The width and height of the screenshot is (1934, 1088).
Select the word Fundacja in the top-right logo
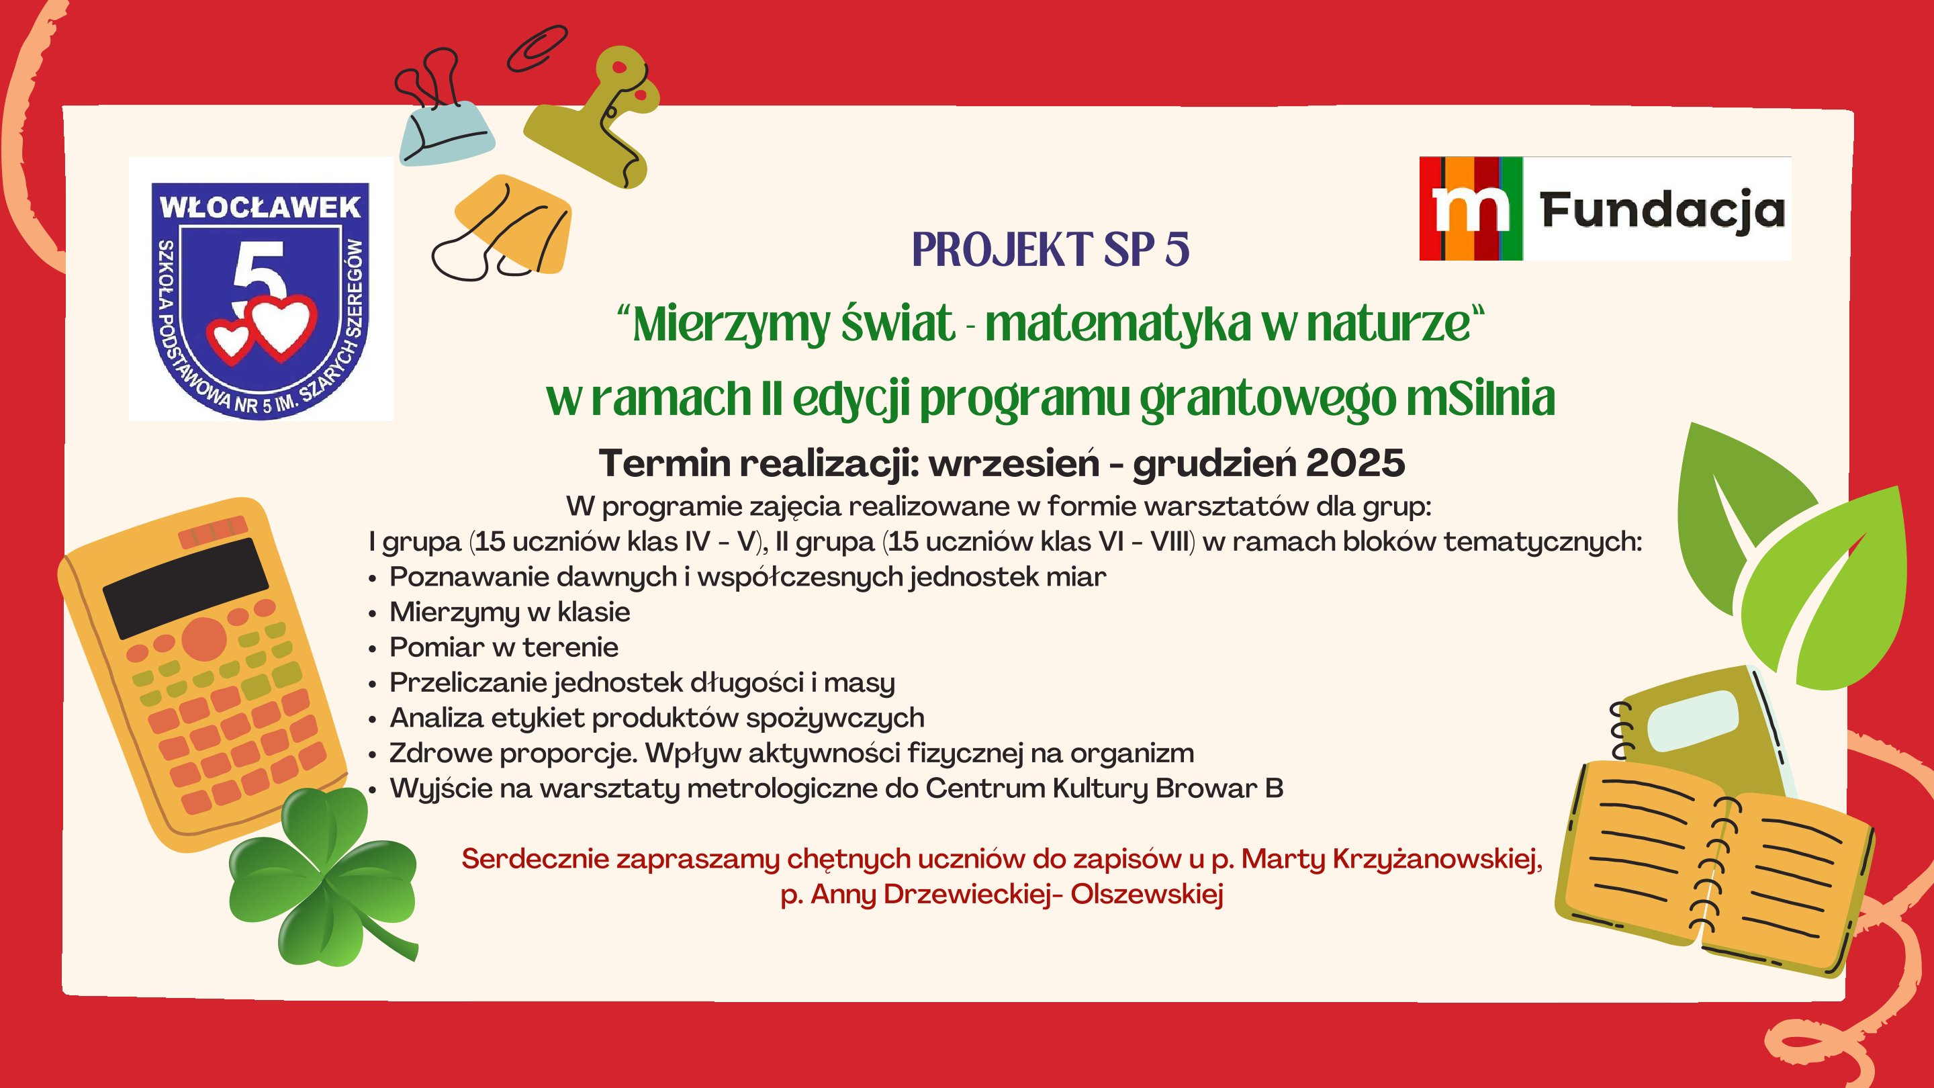[x=1662, y=210]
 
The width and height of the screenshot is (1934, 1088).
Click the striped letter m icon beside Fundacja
[x=1471, y=209]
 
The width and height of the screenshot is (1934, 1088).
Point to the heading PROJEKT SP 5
[x=1050, y=249]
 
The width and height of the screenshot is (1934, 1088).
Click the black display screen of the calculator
[x=185, y=587]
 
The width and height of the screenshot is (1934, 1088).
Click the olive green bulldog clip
[x=594, y=116]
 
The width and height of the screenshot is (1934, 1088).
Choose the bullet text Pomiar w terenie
[x=504, y=647]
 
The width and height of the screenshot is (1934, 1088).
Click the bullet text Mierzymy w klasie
[x=510, y=612]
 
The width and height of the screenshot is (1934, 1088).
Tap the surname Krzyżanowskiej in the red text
[x=1437, y=859]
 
